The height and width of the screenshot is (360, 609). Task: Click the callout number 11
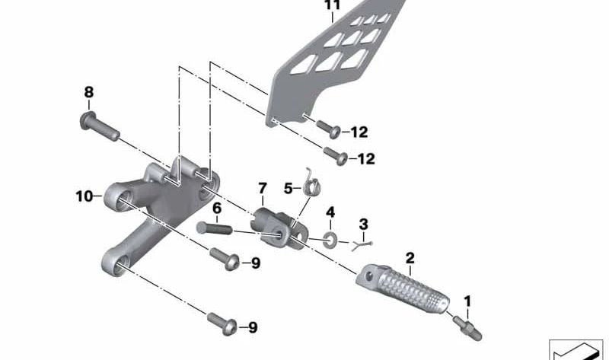click(332, 5)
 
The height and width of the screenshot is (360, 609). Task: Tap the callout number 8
click(89, 92)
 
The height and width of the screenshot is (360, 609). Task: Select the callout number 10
click(84, 196)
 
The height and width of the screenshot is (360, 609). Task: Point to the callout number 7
click(263, 189)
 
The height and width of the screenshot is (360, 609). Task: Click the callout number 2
click(410, 258)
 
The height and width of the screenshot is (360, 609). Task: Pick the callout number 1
click(467, 301)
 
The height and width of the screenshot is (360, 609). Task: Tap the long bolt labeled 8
click(100, 126)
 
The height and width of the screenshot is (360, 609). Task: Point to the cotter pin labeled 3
click(362, 245)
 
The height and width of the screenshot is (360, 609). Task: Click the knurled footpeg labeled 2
click(403, 288)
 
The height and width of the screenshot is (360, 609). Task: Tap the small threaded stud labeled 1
click(467, 329)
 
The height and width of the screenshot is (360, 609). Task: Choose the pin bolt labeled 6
click(214, 228)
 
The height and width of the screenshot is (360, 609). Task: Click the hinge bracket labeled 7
click(279, 228)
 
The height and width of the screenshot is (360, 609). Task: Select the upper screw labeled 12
click(329, 129)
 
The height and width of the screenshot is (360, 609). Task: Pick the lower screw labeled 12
click(336, 156)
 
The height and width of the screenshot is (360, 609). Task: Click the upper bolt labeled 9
click(225, 259)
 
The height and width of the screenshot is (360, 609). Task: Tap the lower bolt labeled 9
click(222, 323)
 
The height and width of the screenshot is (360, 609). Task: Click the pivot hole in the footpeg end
click(369, 276)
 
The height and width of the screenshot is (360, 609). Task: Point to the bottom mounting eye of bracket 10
click(116, 264)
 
